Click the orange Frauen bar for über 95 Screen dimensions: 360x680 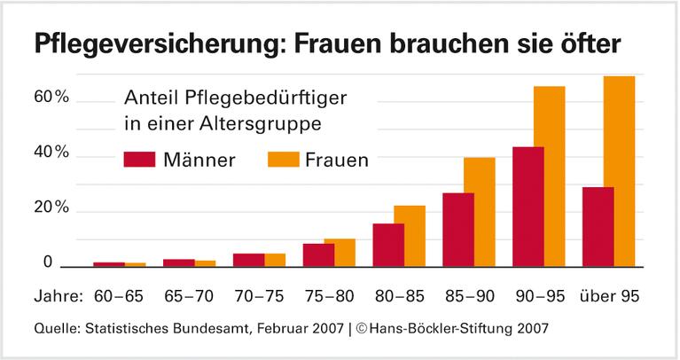pyautogui.click(x=619, y=171)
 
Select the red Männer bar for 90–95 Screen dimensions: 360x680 pyautogui.click(x=528, y=207)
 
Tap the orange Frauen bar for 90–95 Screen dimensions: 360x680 pyautogui.click(x=550, y=176)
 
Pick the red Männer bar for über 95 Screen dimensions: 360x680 pyautogui.click(x=598, y=227)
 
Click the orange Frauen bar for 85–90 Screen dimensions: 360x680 pyautogui.click(x=480, y=212)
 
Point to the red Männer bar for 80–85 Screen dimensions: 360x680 pyautogui.click(x=388, y=245)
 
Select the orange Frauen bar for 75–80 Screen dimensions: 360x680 pyautogui.click(x=340, y=253)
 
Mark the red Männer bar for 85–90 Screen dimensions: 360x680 pyautogui.click(x=458, y=230)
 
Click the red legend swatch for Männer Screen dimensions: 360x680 pyautogui.click(x=139, y=160)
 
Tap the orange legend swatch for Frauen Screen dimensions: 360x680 pyautogui.click(x=281, y=160)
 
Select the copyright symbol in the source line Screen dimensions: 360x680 pyautogui.click(x=363, y=328)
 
